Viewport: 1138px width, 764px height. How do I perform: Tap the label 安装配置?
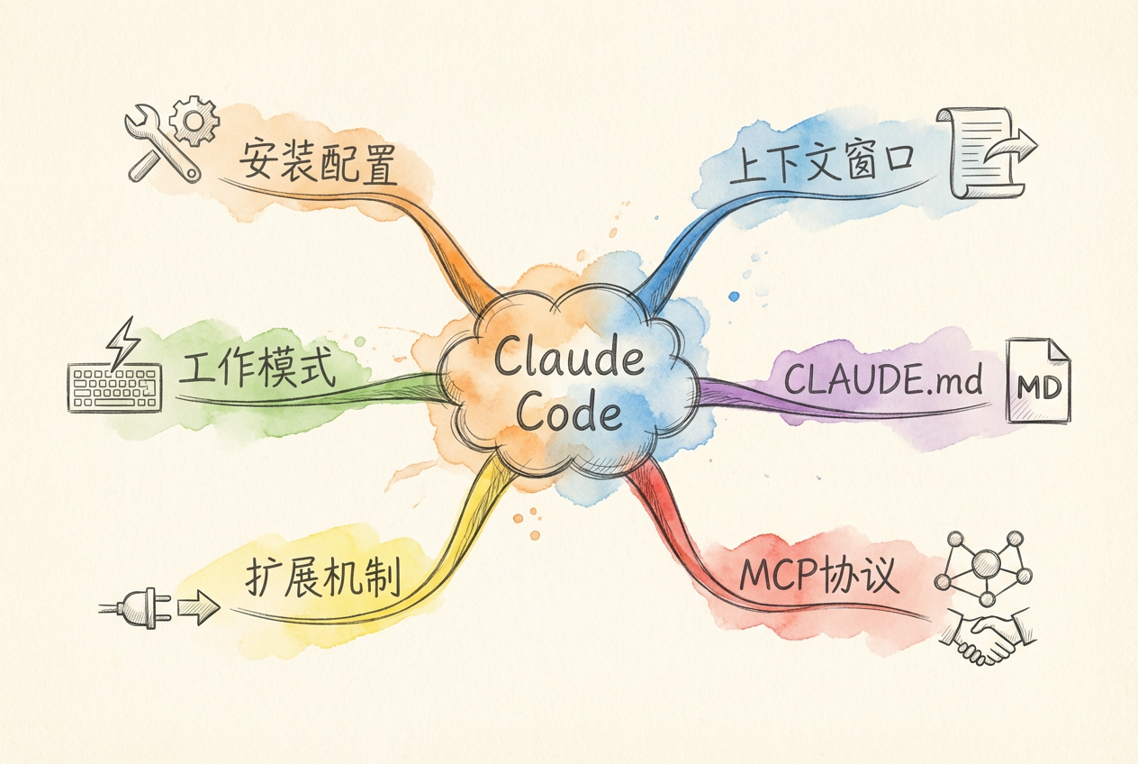[317, 162]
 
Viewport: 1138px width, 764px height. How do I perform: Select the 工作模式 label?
[257, 370]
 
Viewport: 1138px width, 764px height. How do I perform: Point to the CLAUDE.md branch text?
[882, 381]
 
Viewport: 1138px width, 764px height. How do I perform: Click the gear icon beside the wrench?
[194, 121]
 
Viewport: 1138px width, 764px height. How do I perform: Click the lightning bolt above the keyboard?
[122, 340]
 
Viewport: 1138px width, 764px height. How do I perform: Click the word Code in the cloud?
[571, 414]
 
